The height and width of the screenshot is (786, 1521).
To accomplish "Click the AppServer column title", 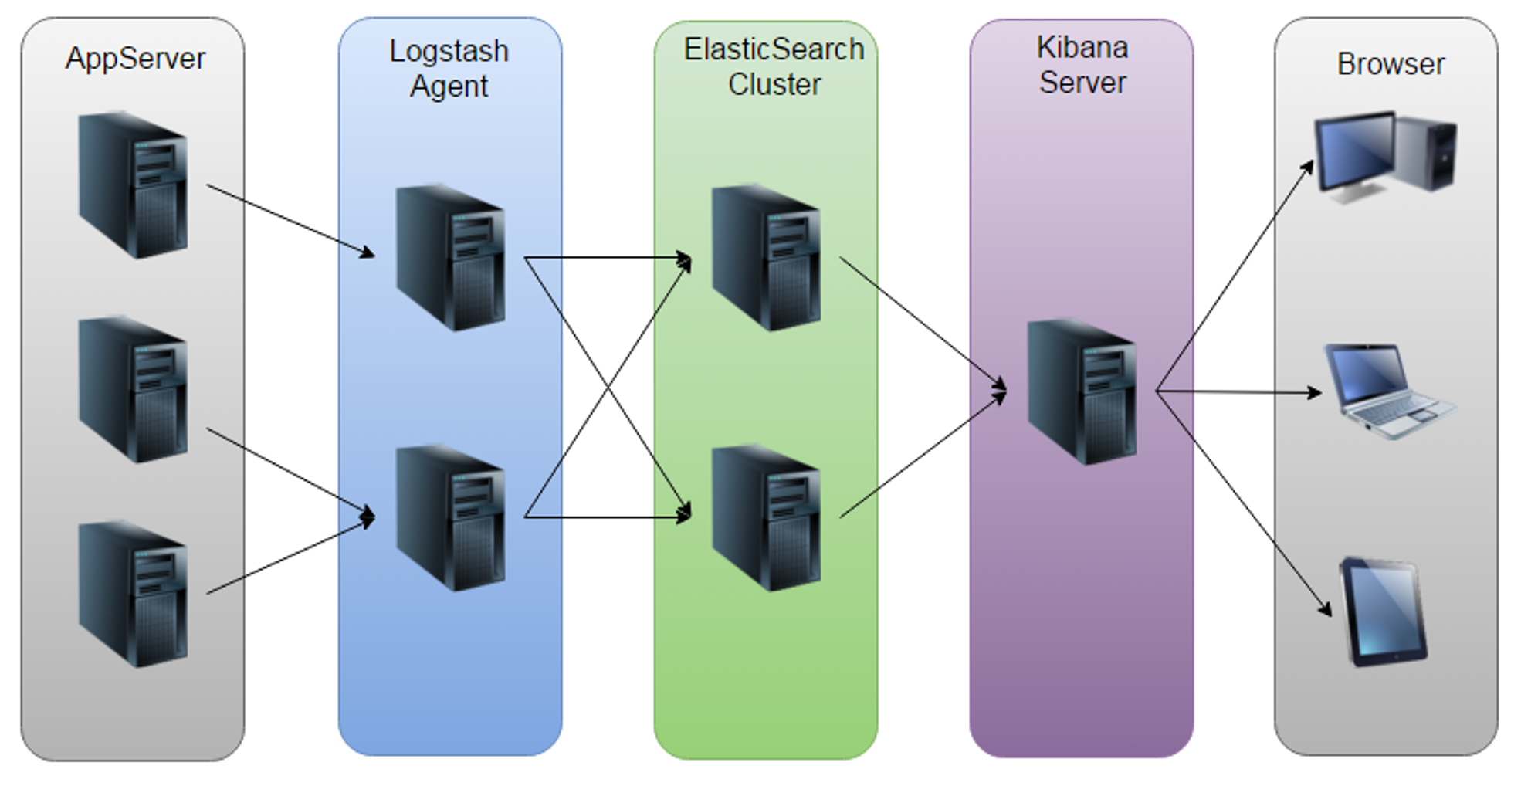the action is tap(135, 59).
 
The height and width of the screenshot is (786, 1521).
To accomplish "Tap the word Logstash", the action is tap(449, 52).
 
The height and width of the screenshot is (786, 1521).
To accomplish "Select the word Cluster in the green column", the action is tap(774, 84).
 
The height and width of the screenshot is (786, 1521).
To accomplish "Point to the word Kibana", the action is tap(1082, 47).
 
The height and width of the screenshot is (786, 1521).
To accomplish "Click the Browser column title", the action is tap(1391, 64).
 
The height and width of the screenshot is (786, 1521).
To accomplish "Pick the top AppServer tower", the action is tap(133, 185).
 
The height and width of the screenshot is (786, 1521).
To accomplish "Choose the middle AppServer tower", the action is tap(133, 389).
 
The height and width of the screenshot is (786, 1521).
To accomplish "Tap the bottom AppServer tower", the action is tap(133, 594).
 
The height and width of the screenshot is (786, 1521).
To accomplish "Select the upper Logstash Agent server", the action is tap(451, 257).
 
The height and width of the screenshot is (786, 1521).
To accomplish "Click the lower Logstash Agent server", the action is tap(451, 517).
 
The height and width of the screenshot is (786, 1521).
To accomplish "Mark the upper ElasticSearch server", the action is tap(766, 257).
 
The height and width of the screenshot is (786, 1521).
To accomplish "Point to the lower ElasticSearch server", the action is tap(766, 517).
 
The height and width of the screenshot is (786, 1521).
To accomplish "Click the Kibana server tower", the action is tap(1082, 391).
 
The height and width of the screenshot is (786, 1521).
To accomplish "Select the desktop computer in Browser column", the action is tap(1386, 157).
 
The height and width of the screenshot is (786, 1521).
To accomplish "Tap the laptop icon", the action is tap(1390, 391).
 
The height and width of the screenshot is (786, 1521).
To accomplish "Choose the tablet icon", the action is tap(1384, 612).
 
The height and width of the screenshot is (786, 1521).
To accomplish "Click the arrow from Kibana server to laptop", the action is tap(1238, 392).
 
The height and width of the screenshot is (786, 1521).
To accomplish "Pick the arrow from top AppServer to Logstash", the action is tap(290, 221).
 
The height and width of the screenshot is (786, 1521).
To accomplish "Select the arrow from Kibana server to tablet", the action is tap(1244, 503).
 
